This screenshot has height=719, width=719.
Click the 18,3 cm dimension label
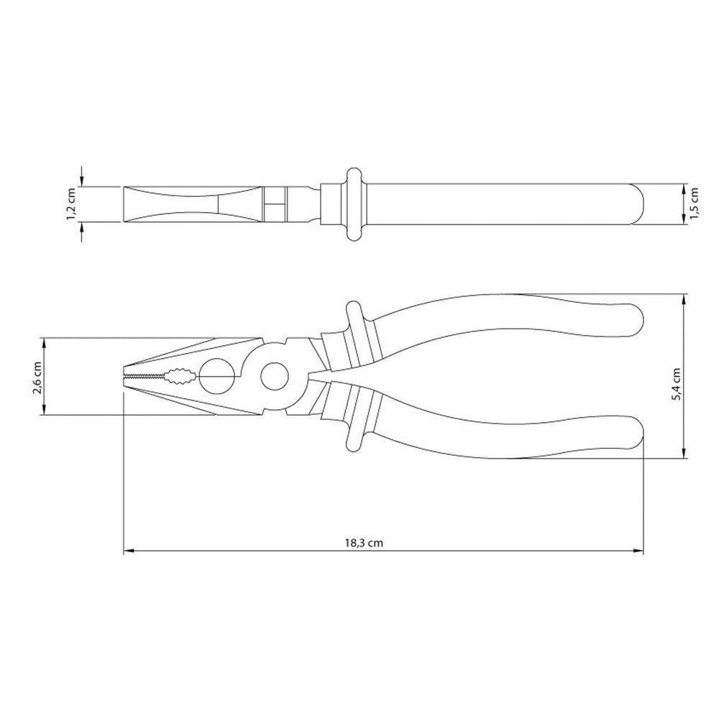(364, 544)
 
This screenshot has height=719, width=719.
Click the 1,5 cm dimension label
(693, 204)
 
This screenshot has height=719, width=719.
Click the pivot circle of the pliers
(275, 375)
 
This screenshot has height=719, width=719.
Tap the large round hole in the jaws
(216, 375)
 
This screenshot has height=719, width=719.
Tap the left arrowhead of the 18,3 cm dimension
(128, 551)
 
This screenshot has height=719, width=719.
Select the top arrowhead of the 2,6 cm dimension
(45, 342)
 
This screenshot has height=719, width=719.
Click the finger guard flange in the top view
(353, 204)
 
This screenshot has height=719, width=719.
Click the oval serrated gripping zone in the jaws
(178, 375)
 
